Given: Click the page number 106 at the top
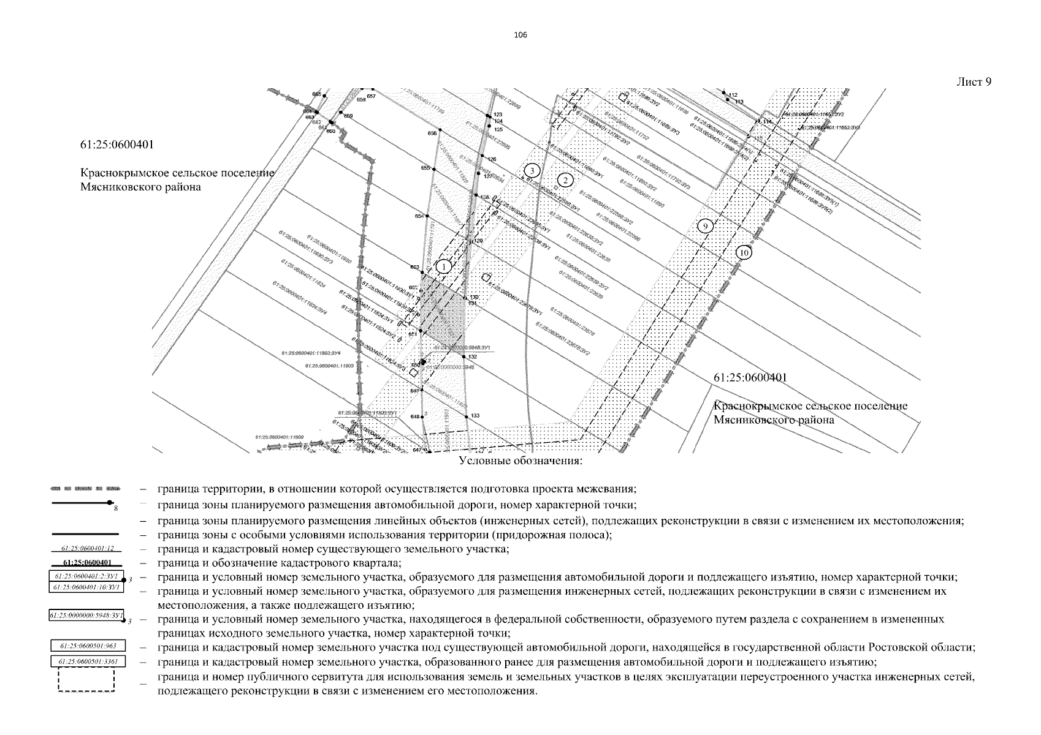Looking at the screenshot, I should click(520, 34).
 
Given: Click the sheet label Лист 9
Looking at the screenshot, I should click(974, 82).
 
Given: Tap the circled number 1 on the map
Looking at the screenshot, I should click(443, 266).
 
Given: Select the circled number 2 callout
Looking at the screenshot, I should click(566, 179).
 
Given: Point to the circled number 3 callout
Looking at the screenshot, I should click(533, 170).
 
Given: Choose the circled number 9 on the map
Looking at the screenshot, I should click(706, 226).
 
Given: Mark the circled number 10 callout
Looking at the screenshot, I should click(744, 252).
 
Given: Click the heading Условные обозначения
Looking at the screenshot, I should click(520, 461).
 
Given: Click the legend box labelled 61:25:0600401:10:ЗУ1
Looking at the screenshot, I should click(86, 587).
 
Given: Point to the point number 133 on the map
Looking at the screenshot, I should click(475, 416).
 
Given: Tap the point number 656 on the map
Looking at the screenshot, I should click(432, 133).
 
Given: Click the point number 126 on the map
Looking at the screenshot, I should click(491, 159).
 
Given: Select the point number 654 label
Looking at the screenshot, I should click(419, 216).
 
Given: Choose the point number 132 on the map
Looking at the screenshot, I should click(472, 356).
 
